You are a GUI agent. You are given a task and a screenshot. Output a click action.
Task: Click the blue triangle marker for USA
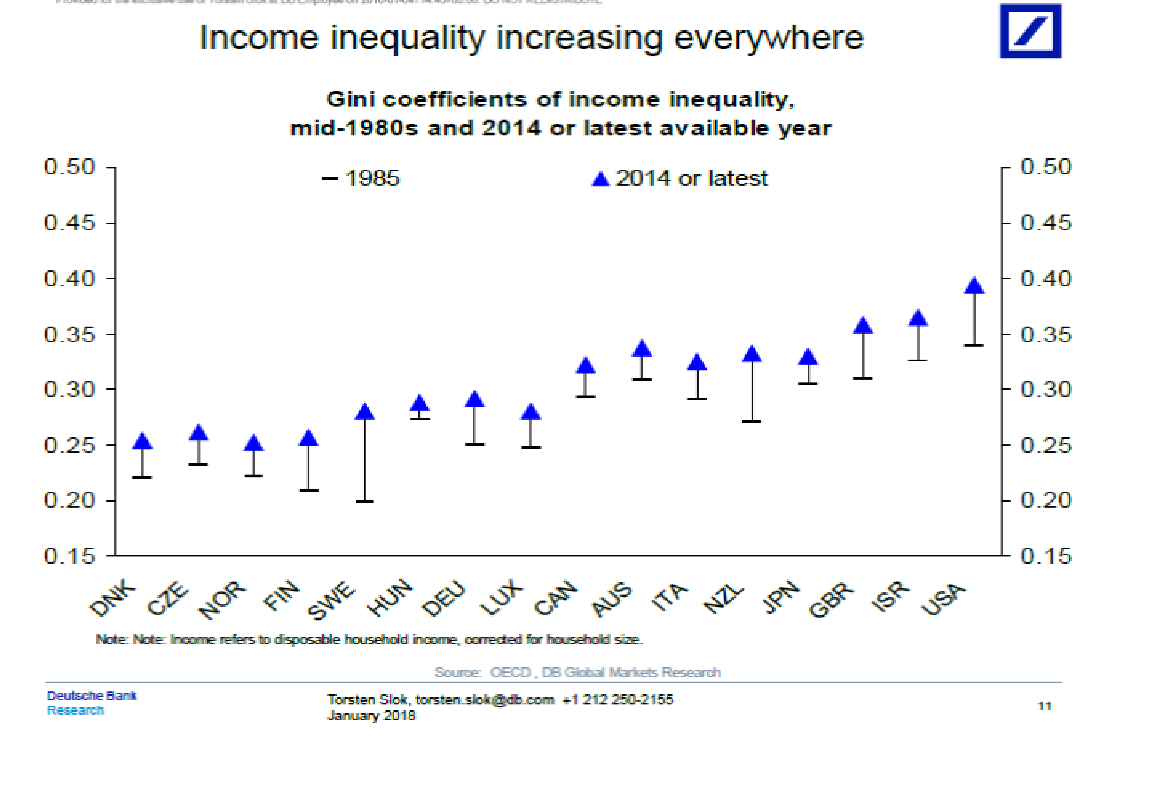(x=974, y=286)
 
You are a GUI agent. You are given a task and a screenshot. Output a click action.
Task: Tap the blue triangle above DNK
(x=142, y=441)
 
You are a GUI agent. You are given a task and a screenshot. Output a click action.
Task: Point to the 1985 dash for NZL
(x=752, y=421)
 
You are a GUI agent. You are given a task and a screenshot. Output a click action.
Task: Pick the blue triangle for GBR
(x=863, y=326)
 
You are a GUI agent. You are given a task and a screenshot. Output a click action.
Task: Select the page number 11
(x=1045, y=706)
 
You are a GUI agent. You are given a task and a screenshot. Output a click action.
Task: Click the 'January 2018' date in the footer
(x=371, y=716)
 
